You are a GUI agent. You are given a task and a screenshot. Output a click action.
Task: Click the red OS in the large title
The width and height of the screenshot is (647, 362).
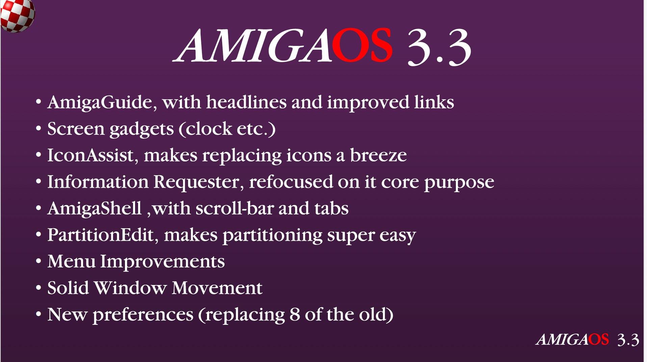point(362,45)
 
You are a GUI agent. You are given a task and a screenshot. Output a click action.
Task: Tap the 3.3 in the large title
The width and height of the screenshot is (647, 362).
point(439,47)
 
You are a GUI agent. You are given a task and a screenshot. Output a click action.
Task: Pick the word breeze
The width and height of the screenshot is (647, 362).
point(378,155)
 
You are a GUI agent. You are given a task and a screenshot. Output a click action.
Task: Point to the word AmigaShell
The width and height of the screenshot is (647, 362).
point(95,208)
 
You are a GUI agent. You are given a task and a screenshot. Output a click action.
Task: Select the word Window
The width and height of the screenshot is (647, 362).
point(130,288)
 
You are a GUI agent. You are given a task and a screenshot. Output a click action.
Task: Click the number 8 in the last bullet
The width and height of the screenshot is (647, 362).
point(294,314)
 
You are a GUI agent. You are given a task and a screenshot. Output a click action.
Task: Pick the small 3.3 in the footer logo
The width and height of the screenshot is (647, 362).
point(628,340)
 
